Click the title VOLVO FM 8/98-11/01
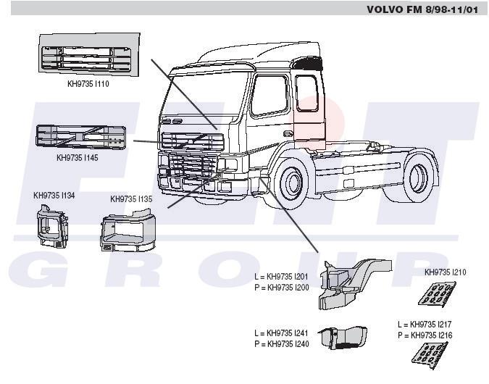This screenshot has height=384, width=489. coord(422,9)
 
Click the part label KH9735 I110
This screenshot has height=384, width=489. coord(88,83)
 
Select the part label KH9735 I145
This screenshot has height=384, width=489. coord(78,157)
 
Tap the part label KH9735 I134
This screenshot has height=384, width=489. coord(54,196)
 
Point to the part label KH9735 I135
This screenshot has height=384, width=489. coord(131,199)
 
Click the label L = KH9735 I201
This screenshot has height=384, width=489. coord(281,277)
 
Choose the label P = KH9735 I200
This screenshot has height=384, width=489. coord(282,288)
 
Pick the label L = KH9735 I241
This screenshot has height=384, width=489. coord(281,333)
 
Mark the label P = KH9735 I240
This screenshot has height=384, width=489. coord(282,343)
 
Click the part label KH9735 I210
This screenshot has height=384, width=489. coord(446,272)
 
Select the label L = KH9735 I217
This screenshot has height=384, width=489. coord(425,325)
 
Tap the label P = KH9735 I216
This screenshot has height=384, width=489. coord(425,335)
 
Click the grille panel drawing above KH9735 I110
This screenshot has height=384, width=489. coord(89,54)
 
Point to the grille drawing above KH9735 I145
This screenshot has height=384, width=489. coord(81,136)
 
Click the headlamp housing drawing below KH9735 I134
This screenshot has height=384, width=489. coord(52,227)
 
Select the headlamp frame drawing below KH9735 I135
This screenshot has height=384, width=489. coord(128,231)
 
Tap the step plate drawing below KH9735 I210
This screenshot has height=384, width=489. coord(438,293)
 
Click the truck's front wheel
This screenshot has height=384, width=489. coord(291,181)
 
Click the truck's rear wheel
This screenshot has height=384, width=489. coord(419,177)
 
